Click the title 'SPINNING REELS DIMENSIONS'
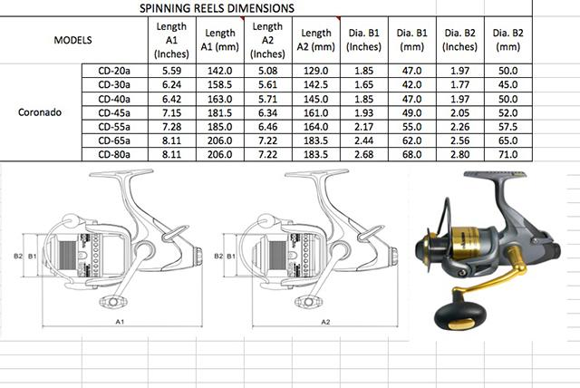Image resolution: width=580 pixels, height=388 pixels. click(217, 8)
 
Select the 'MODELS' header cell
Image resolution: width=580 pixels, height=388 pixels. click(72, 40)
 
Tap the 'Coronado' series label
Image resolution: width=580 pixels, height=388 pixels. click(40, 112)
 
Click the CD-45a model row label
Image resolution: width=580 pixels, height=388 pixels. click(114, 112)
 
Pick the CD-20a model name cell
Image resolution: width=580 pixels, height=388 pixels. click(114, 71)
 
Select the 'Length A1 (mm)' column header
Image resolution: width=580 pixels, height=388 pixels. click(220, 40)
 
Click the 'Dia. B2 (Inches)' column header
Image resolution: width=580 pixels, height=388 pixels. click(460, 40)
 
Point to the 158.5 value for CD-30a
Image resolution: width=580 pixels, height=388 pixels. click(219, 84)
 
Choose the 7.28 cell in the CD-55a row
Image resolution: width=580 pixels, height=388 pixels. click(171, 127)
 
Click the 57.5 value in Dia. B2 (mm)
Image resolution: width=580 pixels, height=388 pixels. click(507, 127)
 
